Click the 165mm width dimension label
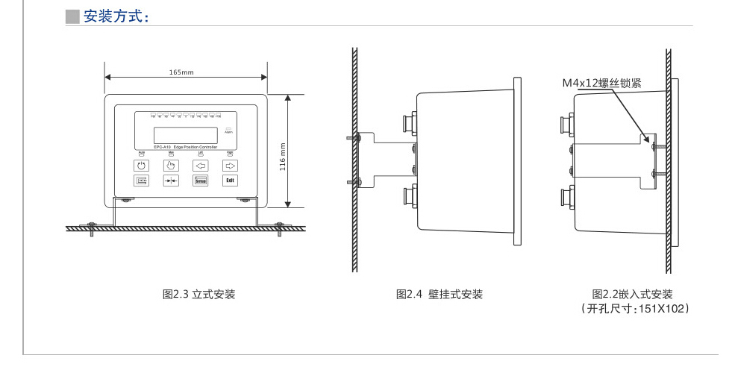click(181, 72)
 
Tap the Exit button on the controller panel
click(231, 181)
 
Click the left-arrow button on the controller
click(200, 165)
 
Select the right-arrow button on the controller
click(231, 165)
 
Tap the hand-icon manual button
click(171, 165)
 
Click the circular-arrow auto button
click(141, 165)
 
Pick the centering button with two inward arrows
click(171, 181)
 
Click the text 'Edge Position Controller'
click(193, 148)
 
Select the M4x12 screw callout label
click(601, 84)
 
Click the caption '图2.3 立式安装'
click(199, 295)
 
